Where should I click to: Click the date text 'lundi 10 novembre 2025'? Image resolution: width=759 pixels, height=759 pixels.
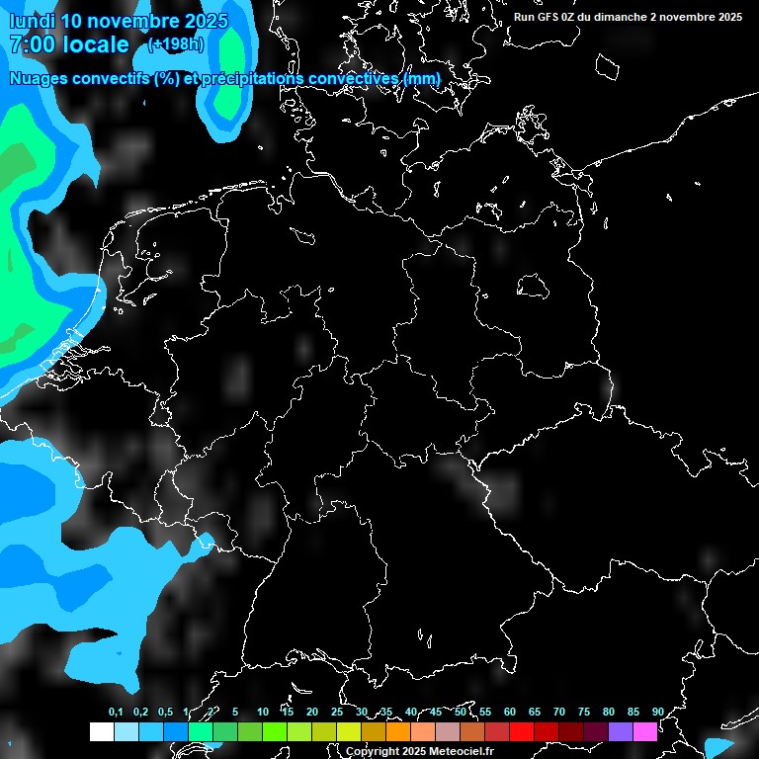[118, 20]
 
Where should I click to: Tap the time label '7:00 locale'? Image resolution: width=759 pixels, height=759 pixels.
[68, 44]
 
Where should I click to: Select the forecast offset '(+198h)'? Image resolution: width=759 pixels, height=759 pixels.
[176, 44]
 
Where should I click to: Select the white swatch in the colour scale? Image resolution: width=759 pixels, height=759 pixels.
[101, 731]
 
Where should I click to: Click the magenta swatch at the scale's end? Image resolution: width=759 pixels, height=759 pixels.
[644, 731]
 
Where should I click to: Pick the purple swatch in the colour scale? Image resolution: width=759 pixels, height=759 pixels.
[620, 731]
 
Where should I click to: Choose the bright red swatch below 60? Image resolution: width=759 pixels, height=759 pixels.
[521, 731]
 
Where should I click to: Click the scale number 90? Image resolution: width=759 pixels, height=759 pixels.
[657, 712]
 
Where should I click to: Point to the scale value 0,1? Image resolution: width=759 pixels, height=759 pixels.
[116, 712]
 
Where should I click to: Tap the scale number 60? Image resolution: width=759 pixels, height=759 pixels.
[509, 712]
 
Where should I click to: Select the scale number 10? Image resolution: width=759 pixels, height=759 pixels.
[262, 712]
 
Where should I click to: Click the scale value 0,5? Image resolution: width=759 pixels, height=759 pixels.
[165, 712]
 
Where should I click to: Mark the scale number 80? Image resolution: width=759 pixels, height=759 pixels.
[608, 712]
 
